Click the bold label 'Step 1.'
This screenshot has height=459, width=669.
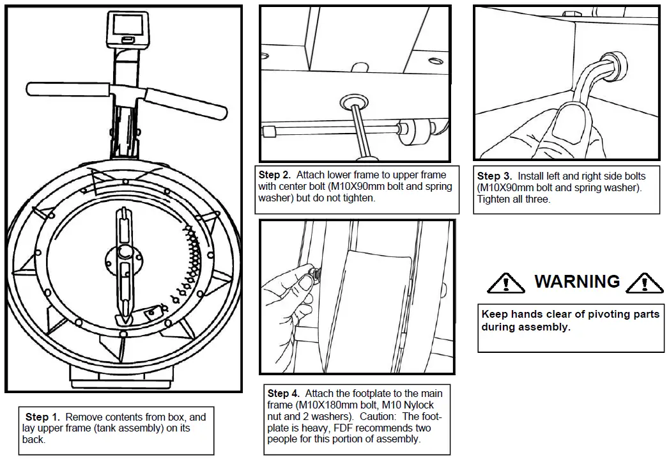pos(45,417)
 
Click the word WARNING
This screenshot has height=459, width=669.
pos(577,281)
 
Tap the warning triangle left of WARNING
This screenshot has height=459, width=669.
pos(506,282)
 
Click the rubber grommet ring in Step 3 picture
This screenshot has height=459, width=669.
pos(615,65)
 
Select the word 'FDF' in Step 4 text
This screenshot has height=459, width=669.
pos(331,428)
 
